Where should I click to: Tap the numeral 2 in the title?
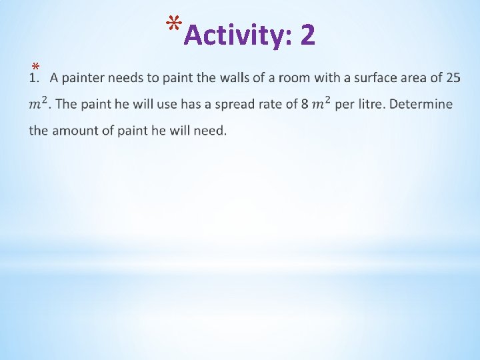(307, 35)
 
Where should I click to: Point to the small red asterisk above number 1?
(36, 67)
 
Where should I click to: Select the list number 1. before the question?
(35, 79)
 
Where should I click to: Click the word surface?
(372, 79)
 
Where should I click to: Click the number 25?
(453, 79)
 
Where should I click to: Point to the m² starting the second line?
(38, 104)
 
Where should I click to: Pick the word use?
(149, 105)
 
